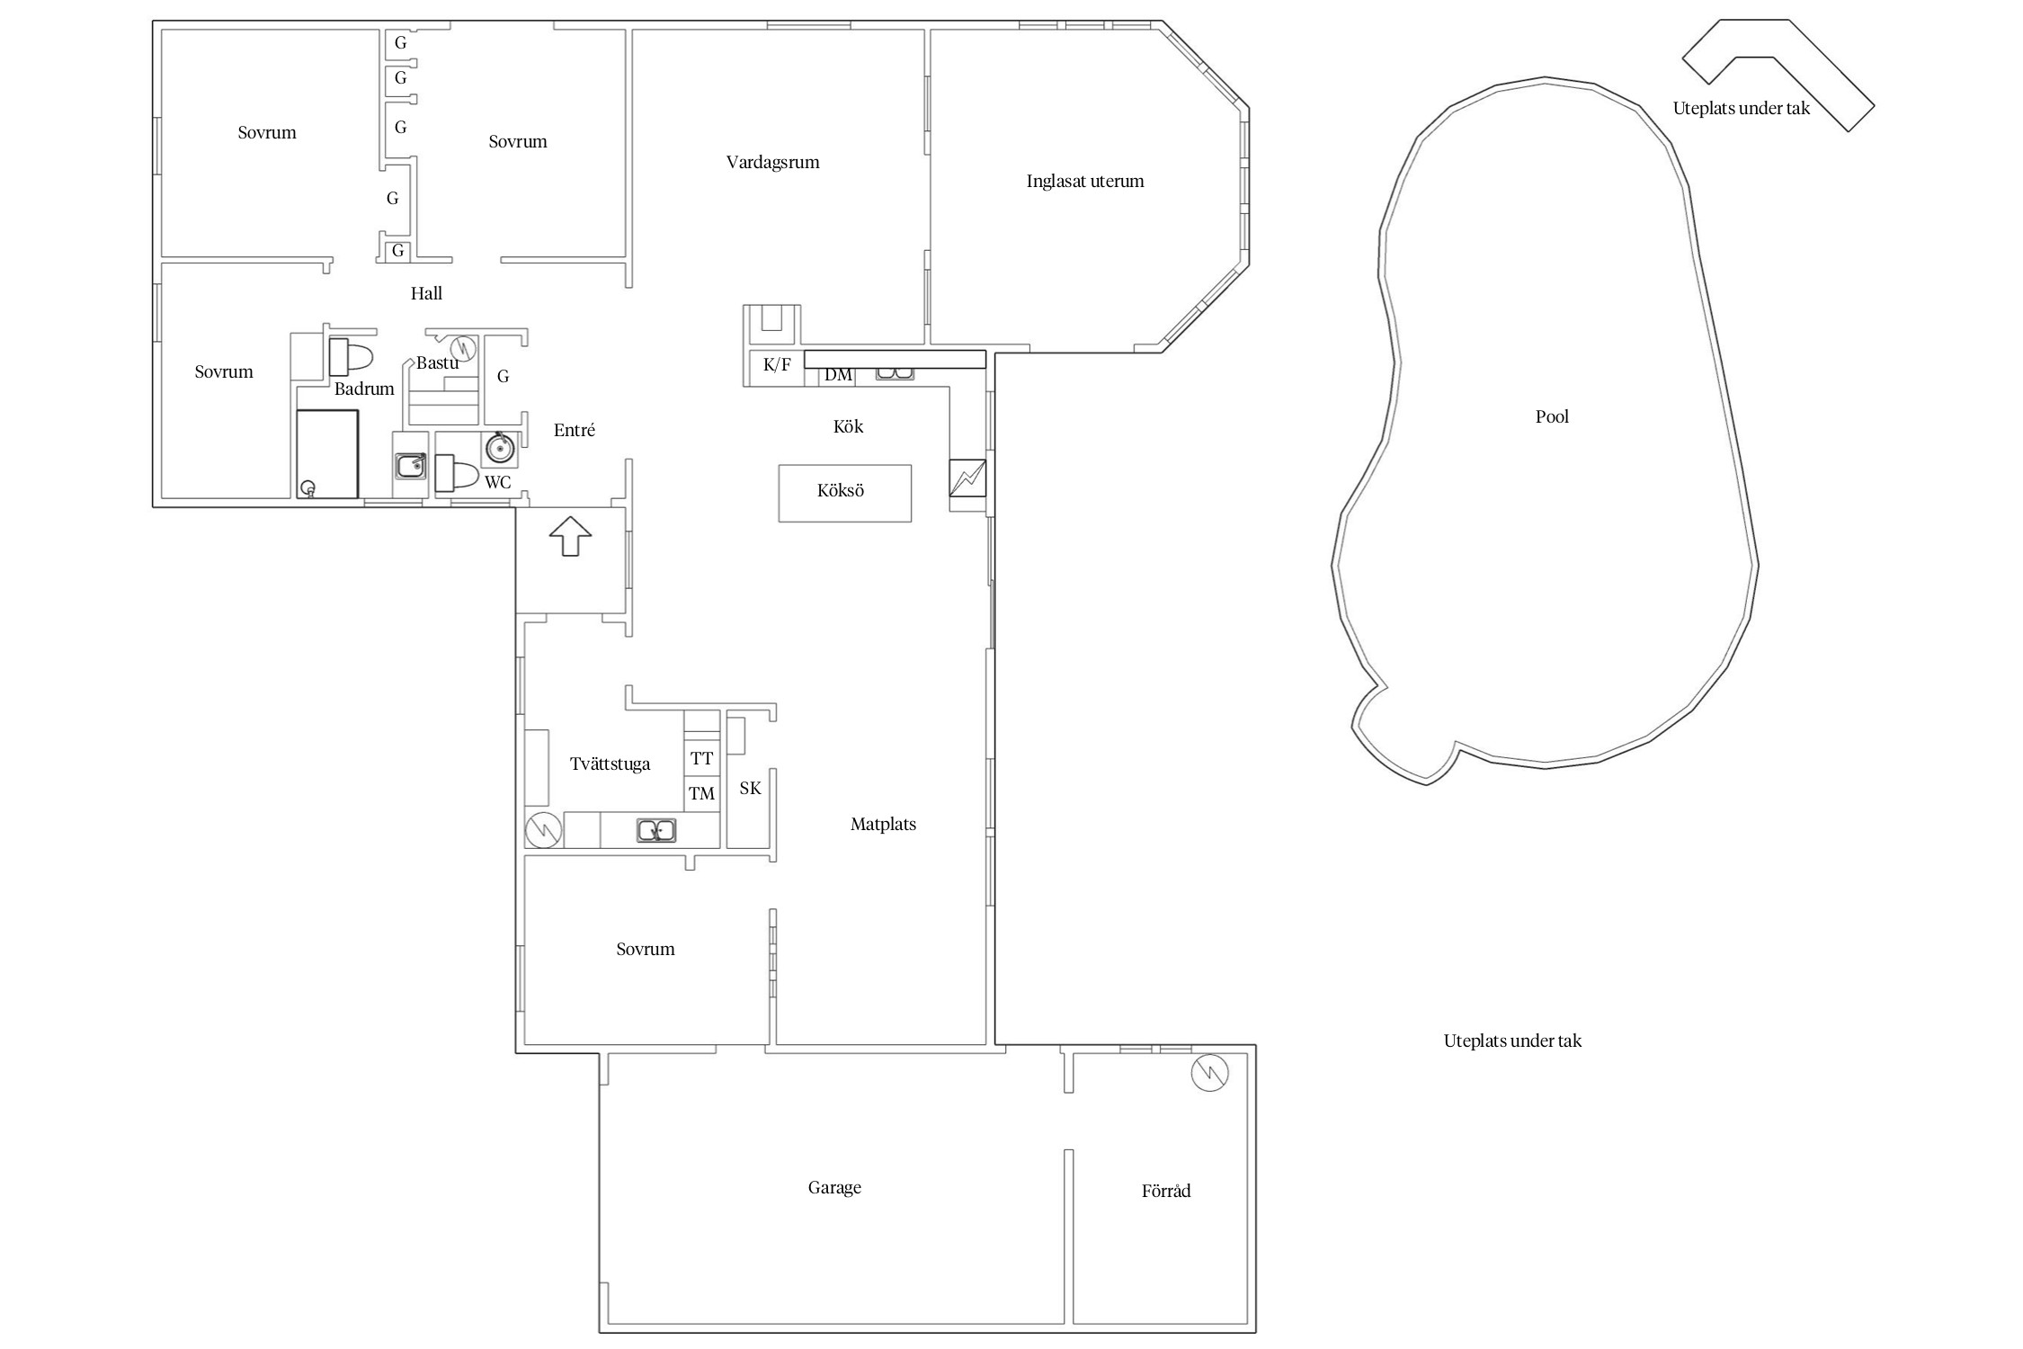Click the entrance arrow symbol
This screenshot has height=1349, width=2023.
(570, 536)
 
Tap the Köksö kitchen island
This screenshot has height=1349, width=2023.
(844, 493)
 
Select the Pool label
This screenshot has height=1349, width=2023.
(1552, 416)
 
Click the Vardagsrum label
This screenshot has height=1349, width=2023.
(772, 163)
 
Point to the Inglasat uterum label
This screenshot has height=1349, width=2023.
(1085, 181)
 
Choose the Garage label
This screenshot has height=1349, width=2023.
(834, 1188)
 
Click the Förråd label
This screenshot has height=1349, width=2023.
(1166, 1191)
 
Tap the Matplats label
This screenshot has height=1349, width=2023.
(883, 824)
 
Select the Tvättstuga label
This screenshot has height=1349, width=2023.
(610, 764)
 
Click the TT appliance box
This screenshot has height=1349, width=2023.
(701, 758)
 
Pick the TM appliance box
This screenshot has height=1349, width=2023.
(701, 793)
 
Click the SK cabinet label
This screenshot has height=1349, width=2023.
(750, 788)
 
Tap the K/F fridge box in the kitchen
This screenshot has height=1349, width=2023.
(777, 367)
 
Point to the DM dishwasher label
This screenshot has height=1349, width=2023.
(838, 375)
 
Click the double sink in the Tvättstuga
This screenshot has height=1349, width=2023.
(656, 830)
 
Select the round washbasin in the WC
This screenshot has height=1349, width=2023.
(500, 447)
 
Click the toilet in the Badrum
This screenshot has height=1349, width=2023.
(350, 357)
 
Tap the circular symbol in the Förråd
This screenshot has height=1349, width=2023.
(1209, 1073)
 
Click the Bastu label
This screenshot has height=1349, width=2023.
(437, 362)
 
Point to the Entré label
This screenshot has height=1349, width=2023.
(575, 430)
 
